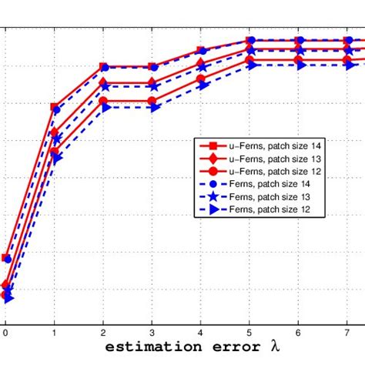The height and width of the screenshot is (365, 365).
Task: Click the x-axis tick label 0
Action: (x=5, y=333)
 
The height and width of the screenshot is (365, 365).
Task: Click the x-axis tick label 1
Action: (x=55, y=333)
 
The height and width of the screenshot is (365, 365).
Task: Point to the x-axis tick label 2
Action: (x=103, y=333)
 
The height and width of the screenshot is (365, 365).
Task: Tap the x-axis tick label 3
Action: (x=152, y=333)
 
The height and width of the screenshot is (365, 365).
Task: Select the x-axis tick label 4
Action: (x=201, y=333)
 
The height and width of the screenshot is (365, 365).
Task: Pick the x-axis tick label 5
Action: (x=249, y=333)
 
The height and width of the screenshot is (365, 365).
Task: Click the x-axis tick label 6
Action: (x=299, y=333)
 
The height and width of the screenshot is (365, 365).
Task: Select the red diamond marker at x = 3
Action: (x=152, y=83)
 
